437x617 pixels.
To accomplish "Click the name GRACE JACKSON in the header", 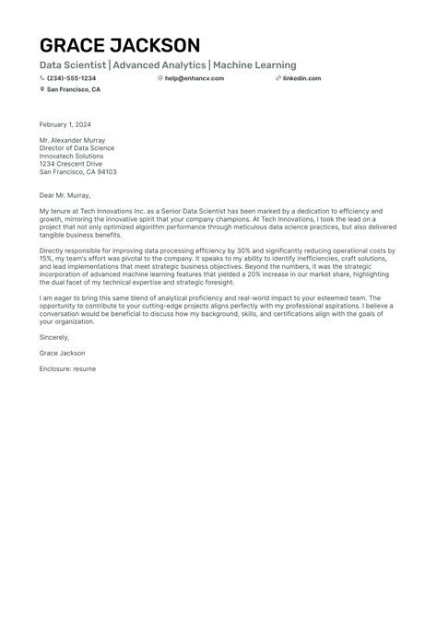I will point(119,45).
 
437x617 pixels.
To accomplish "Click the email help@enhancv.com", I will point(194,78).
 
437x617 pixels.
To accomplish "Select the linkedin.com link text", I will point(301,78).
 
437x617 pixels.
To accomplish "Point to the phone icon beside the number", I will point(42,78).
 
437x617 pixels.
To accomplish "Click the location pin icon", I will point(42,90).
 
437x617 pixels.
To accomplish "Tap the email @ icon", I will point(160,78).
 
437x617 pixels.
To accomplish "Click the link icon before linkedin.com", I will point(278,78).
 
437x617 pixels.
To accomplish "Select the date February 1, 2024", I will point(65,123).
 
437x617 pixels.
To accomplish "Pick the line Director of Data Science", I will point(77,147).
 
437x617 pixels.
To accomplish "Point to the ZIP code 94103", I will point(107,172).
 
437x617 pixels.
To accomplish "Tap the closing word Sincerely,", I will point(54,337).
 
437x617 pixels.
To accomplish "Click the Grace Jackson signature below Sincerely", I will point(63,353).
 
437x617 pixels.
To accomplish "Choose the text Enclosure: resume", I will point(67,368).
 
